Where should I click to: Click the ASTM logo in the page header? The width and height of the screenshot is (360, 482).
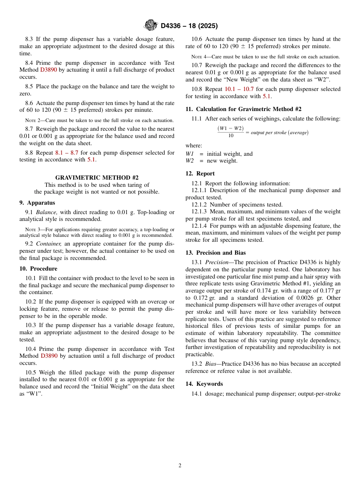click(x=151, y=26)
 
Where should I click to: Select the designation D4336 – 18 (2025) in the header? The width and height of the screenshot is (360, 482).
click(x=189, y=26)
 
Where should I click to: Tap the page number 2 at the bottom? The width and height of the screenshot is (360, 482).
click(x=180, y=466)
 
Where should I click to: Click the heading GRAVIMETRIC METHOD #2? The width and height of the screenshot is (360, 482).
click(x=97, y=178)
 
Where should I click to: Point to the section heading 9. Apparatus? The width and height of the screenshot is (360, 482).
click(x=37, y=203)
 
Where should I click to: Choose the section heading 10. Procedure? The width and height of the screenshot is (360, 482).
click(x=38, y=269)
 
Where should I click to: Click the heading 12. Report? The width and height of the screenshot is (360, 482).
click(x=200, y=174)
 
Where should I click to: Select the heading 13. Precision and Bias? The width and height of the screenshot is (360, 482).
click(x=215, y=253)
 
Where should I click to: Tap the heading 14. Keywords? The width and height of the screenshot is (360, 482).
click(x=204, y=384)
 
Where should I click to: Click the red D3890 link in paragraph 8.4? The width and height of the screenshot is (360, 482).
click(x=49, y=70)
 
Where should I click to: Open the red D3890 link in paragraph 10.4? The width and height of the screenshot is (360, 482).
click(x=49, y=356)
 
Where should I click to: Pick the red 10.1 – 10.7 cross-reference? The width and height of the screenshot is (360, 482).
click(x=239, y=89)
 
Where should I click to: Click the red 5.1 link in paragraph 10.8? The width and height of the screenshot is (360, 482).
click(x=267, y=96)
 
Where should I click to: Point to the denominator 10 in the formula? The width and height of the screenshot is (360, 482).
click(x=231, y=136)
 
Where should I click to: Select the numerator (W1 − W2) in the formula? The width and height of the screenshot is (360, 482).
click(x=231, y=128)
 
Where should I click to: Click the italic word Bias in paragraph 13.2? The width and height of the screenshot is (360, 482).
click(x=210, y=364)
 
